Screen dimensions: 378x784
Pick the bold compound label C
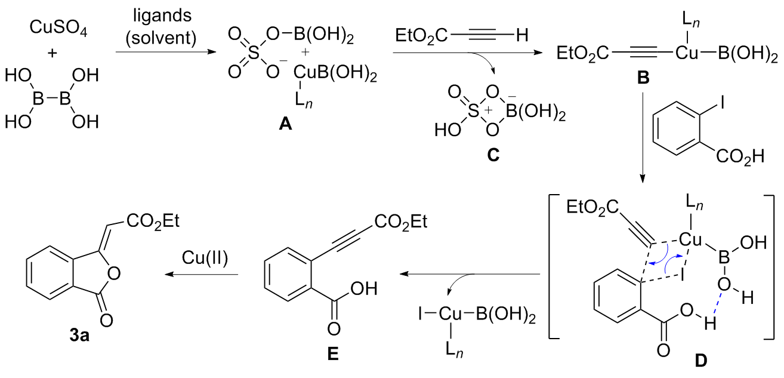coord(492,156)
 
